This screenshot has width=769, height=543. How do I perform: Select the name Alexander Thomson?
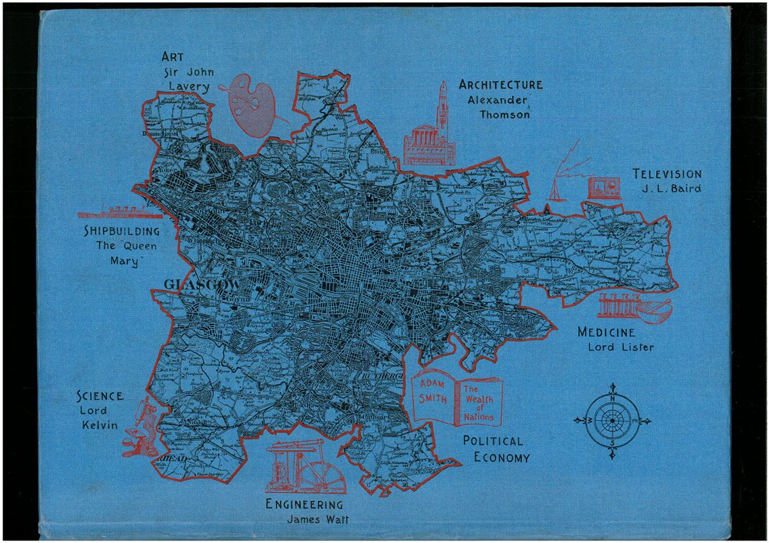click(499, 107)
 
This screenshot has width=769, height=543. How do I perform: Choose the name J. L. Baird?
click(670, 189)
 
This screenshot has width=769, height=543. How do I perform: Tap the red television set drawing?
click(604, 188)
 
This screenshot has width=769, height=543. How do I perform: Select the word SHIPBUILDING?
click(122, 231)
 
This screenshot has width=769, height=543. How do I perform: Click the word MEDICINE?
click(606, 333)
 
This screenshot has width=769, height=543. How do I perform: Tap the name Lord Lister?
click(621, 348)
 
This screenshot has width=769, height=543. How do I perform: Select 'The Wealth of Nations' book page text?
click(479, 403)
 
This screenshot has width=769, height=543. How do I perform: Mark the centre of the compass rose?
click(612, 421)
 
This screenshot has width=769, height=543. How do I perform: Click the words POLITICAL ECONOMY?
click(496, 449)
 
